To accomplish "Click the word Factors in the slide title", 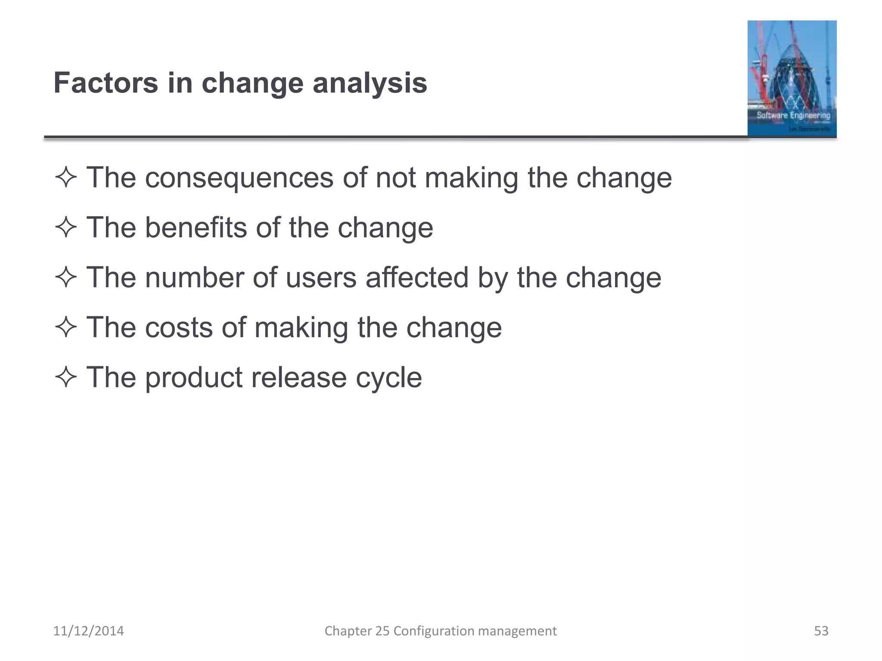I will (106, 83).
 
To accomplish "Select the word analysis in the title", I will (370, 83).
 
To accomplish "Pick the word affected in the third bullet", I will (417, 278).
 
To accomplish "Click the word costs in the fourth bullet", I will (179, 327).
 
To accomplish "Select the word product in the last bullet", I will (193, 378).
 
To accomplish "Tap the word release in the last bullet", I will (299, 377).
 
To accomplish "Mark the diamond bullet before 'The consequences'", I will (66, 178).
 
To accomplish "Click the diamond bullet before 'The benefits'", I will (66, 228).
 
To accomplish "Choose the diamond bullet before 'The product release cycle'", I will (66, 378).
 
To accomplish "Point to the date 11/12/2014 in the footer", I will (88, 631).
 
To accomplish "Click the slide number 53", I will (821, 631).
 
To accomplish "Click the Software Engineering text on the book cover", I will (793, 115).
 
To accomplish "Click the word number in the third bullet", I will (194, 278).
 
